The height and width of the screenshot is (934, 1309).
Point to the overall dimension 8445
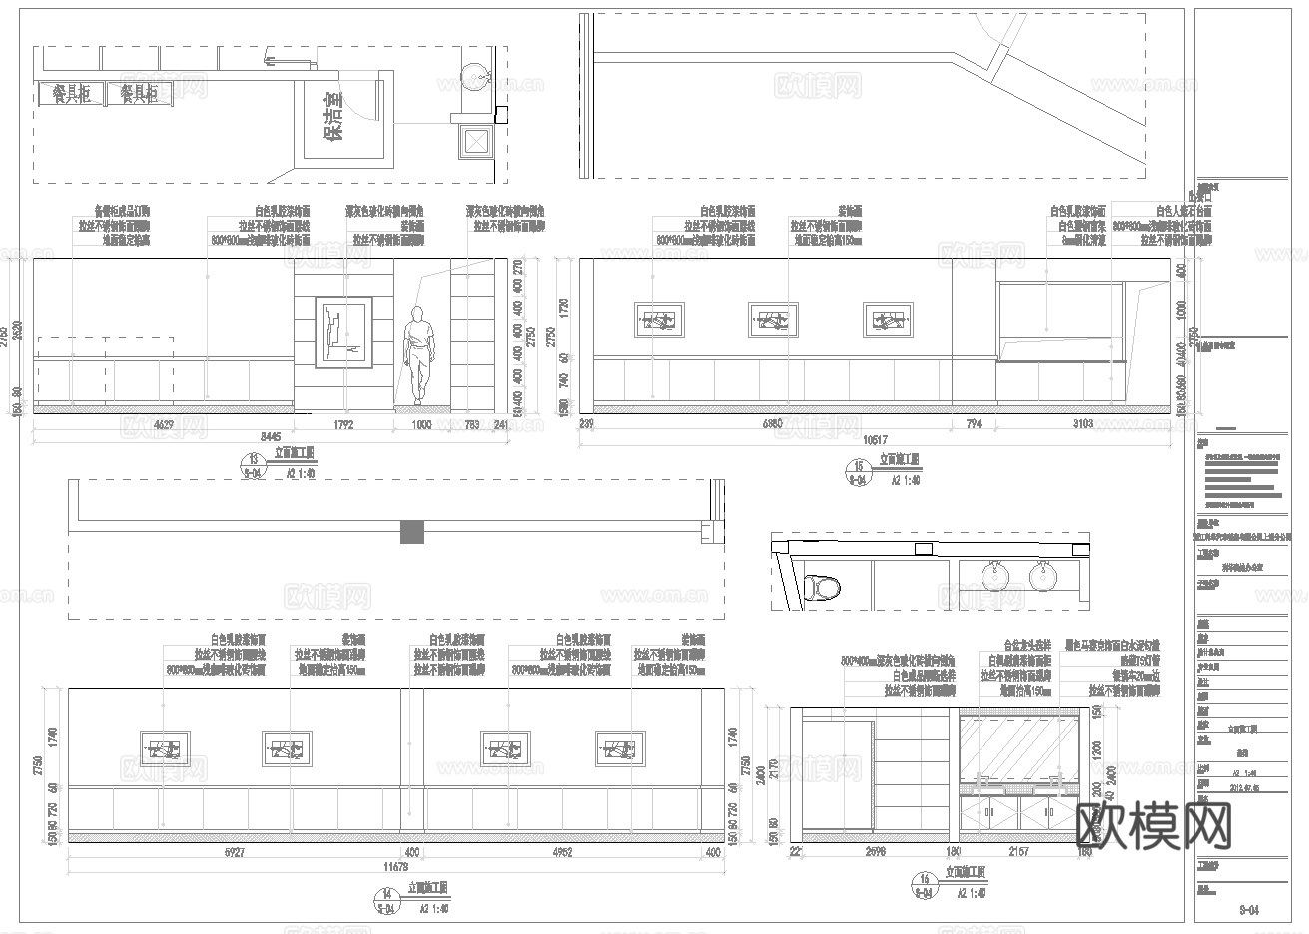[271, 437]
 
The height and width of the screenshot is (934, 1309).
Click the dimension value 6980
[771, 424]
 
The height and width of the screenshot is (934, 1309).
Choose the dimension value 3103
[1082, 424]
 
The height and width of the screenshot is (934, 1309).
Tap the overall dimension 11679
[395, 867]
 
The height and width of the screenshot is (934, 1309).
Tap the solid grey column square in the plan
[412, 532]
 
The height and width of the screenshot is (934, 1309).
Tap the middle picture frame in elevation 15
[773, 320]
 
